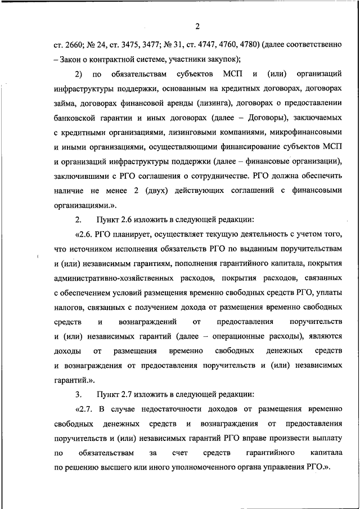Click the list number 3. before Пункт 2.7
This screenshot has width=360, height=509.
pos(78,394)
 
